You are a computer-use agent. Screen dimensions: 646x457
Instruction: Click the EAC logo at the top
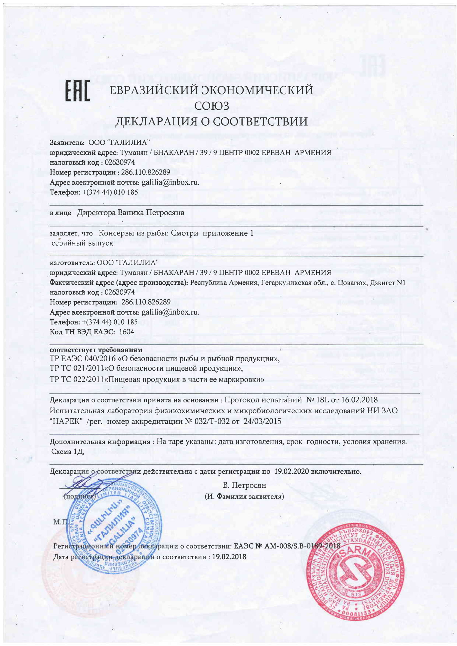pyautogui.click(x=77, y=91)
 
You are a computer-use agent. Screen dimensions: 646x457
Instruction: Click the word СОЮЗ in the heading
pyautogui.click(x=212, y=106)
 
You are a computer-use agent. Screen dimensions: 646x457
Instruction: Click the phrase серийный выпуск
pyautogui.click(x=82, y=243)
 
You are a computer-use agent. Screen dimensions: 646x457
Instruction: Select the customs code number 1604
pyautogui.click(x=127, y=332)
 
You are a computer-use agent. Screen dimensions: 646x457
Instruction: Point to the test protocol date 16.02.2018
pyautogui.click(x=359, y=400)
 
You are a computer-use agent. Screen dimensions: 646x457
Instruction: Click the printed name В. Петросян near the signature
pyautogui.click(x=244, y=485)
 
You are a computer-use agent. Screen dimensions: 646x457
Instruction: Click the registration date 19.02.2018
pyautogui.click(x=229, y=557)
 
